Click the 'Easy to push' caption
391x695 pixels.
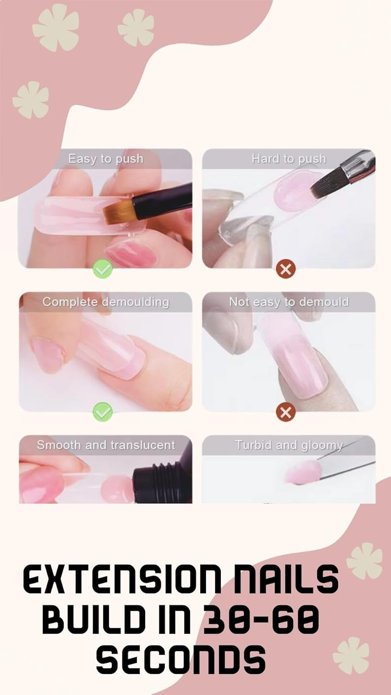(x=106, y=159)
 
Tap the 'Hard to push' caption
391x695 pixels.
(x=289, y=159)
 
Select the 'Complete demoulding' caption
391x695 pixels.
(x=106, y=302)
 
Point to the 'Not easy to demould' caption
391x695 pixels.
(x=289, y=302)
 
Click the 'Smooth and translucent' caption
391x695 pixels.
(x=106, y=445)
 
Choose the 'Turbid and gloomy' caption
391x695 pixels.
(x=289, y=445)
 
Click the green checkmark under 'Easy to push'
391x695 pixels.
(x=102, y=269)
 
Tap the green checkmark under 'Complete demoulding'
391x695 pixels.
(x=102, y=411)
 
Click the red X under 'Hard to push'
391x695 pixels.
(x=286, y=269)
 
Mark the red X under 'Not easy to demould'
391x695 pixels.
(x=286, y=411)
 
